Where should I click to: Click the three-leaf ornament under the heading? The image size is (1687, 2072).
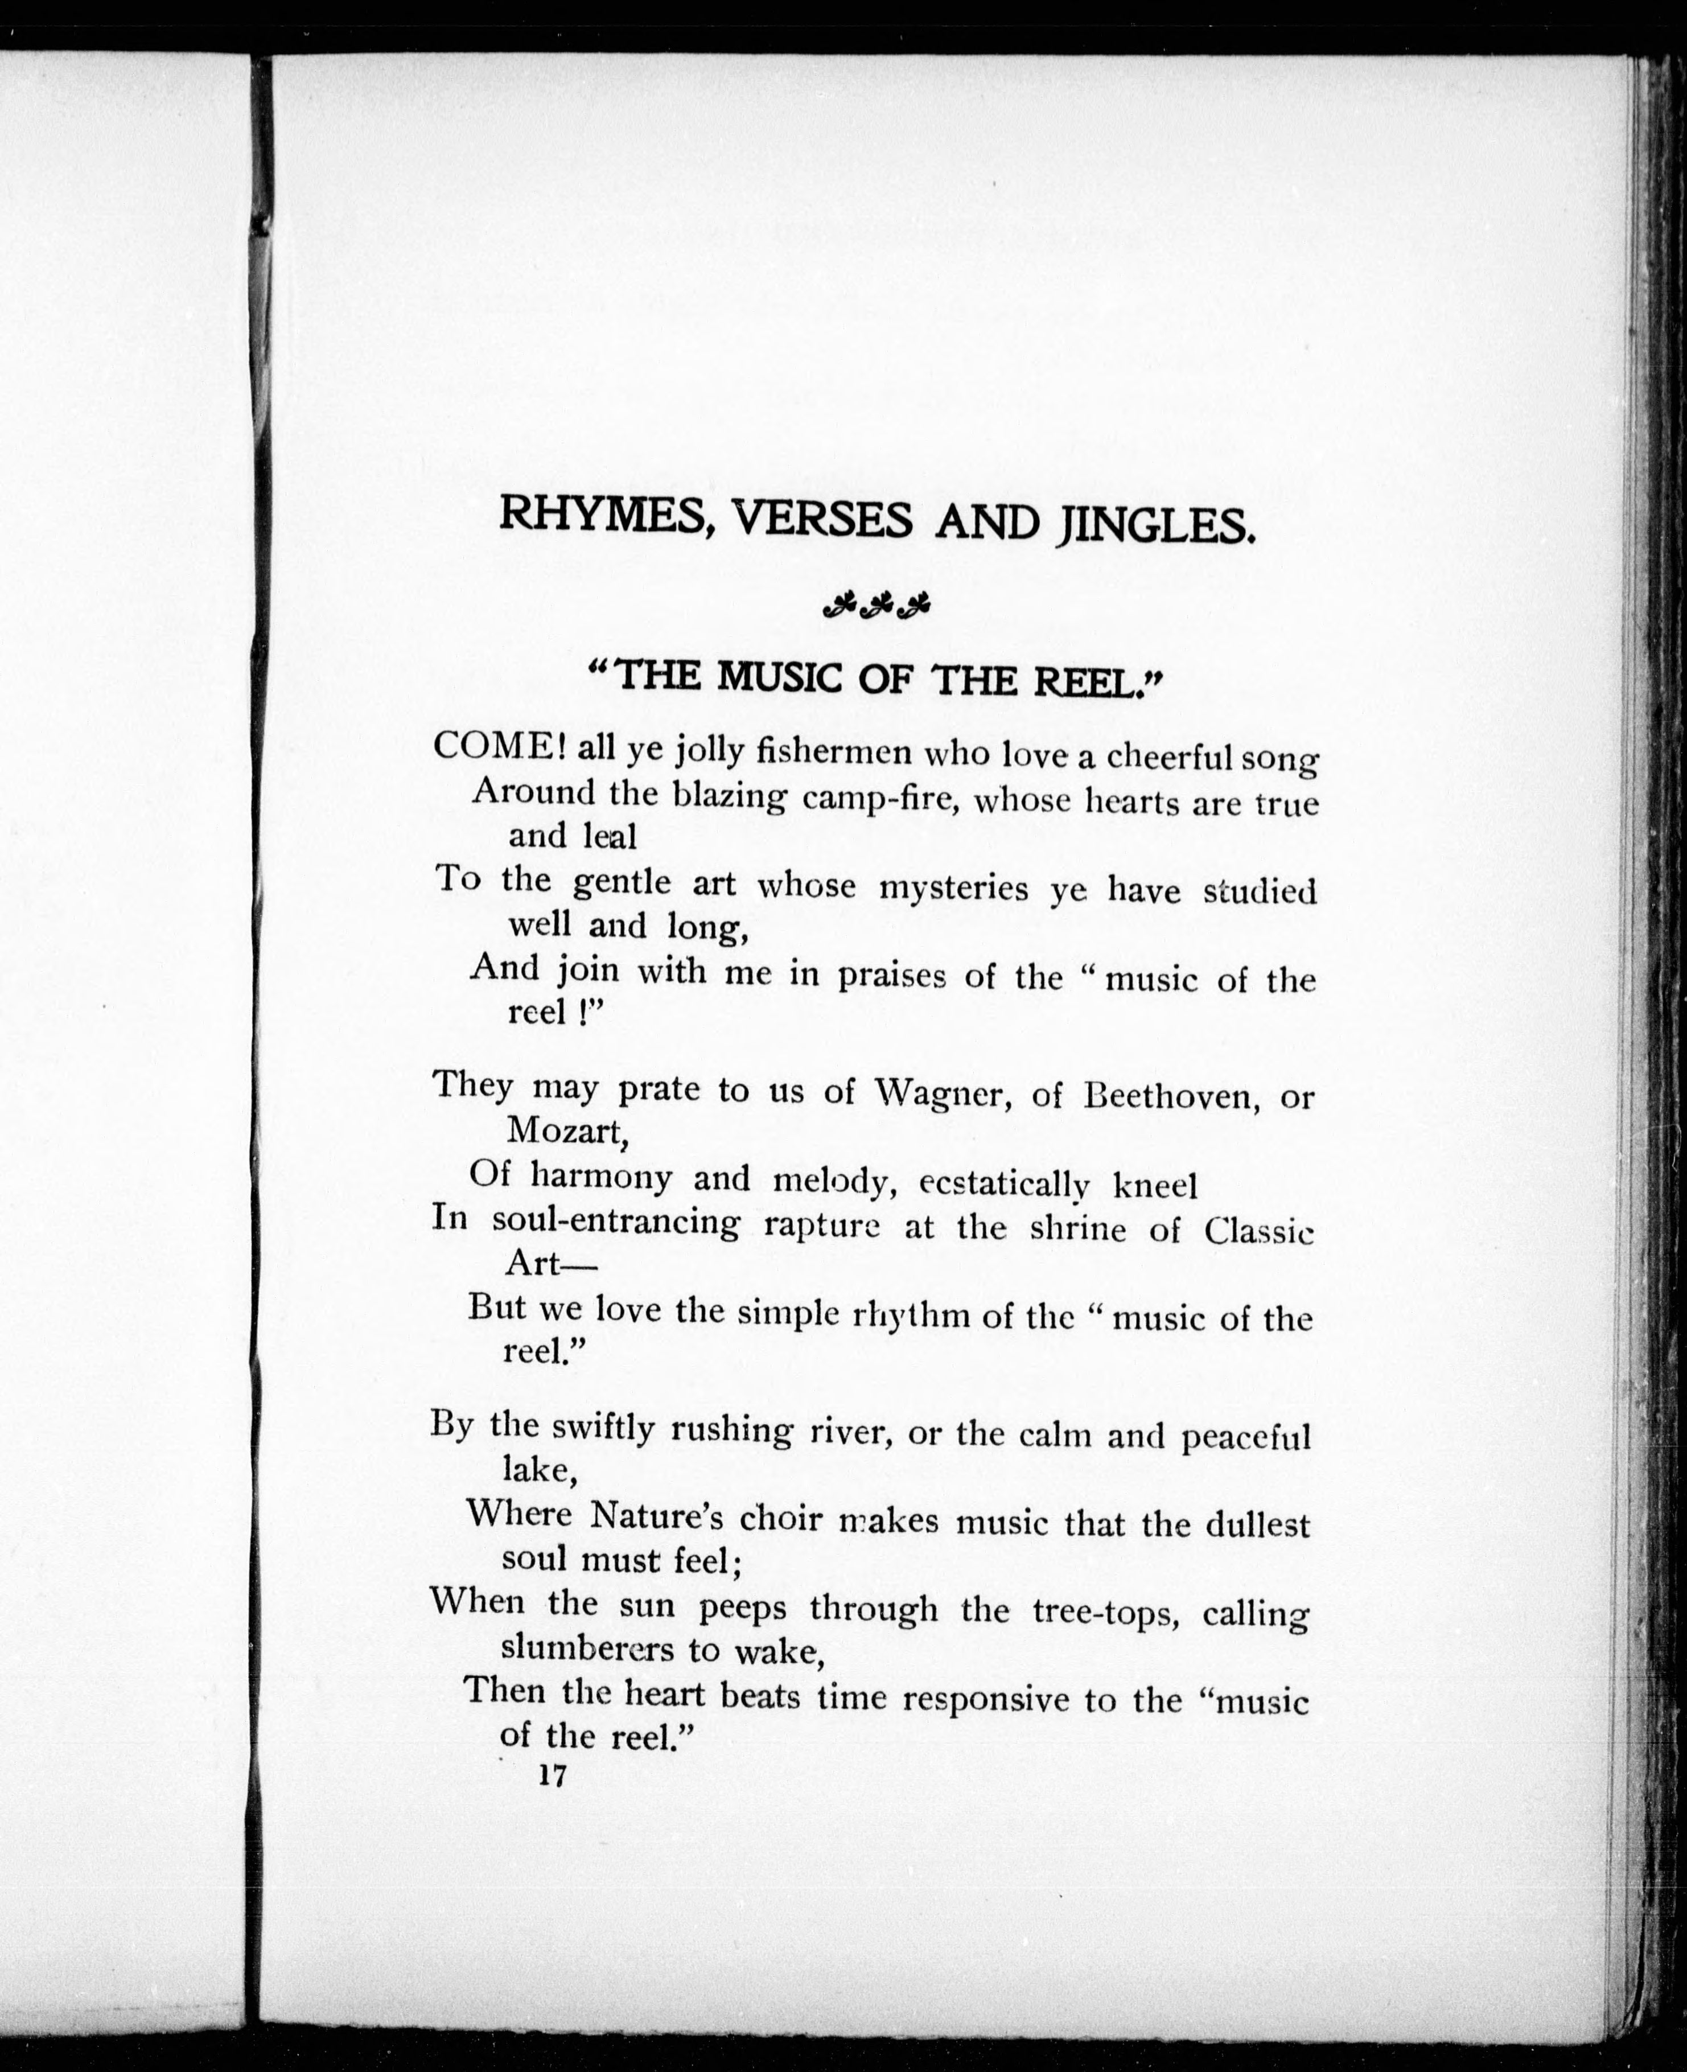875,606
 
